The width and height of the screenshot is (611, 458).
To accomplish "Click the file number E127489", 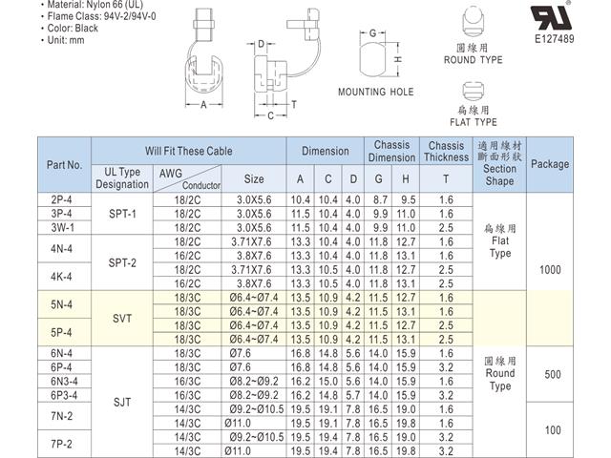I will (x=556, y=39).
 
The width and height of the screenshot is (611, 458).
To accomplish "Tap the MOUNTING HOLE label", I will (x=376, y=93).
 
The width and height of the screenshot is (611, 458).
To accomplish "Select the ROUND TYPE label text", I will (x=473, y=60).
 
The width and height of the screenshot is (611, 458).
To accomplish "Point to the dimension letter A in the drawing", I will (x=203, y=105).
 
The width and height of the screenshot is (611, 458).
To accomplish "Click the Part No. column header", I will (x=64, y=164).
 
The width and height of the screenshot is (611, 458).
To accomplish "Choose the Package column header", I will (x=550, y=164).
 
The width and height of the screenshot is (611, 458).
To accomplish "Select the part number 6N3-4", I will (x=63, y=380).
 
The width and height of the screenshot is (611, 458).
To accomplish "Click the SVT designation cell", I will (x=122, y=319).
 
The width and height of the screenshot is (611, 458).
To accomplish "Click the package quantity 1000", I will (x=550, y=269).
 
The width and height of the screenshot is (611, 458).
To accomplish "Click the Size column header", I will (x=254, y=178).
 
